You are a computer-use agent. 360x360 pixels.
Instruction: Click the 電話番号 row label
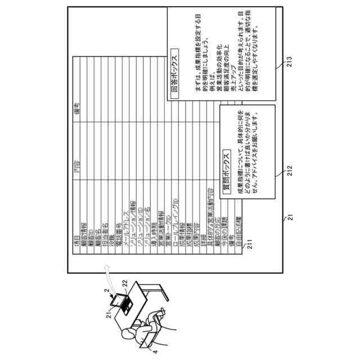point(119,231)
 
